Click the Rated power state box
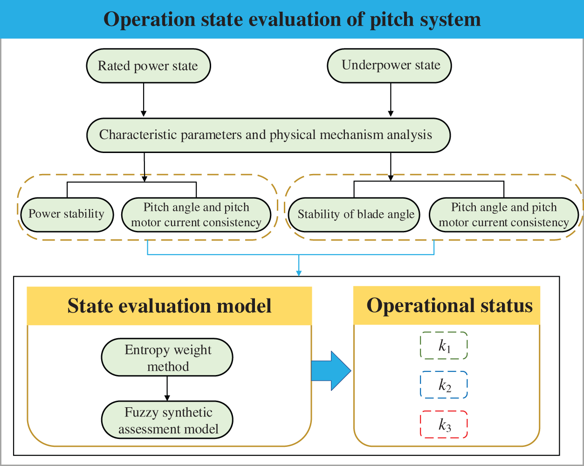(x=148, y=66)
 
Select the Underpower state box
(x=390, y=65)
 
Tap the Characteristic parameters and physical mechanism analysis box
(x=268, y=135)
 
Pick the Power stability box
(x=67, y=215)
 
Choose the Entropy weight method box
(x=167, y=358)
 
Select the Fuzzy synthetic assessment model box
(x=167, y=420)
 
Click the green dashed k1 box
(x=444, y=346)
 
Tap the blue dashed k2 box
(x=444, y=385)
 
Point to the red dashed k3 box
(x=444, y=424)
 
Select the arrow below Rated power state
(x=144, y=100)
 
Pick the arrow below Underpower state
(x=391, y=100)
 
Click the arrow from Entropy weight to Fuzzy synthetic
(x=167, y=389)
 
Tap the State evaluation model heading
(x=169, y=306)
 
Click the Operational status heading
(x=449, y=306)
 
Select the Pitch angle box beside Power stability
(x=196, y=215)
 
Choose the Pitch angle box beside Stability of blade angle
(x=504, y=215)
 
